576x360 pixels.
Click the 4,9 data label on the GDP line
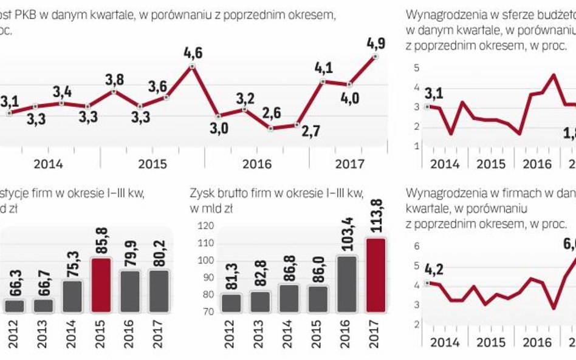click(x=375, y=44)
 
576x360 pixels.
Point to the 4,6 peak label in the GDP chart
click(x=193, y=54)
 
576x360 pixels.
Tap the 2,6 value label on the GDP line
click(x=272, y=113)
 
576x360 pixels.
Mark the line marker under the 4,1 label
click(x=322, y=81)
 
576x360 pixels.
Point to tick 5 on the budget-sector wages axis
click(x=417, y=68)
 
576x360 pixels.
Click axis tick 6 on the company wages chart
click(x=417, y=246)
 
